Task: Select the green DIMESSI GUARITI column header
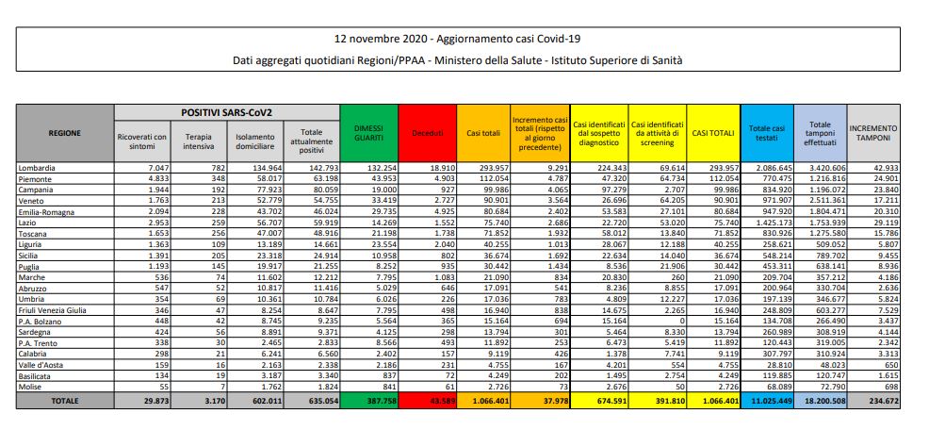[x=367, y=133]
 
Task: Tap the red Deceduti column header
[x=427, y=133]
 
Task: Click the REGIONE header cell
[x=64, y=133]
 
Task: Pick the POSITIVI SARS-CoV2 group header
[x=226, y=112]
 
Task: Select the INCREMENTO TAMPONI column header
[x=873, y=133]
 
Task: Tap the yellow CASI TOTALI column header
[x=713, y=133]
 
